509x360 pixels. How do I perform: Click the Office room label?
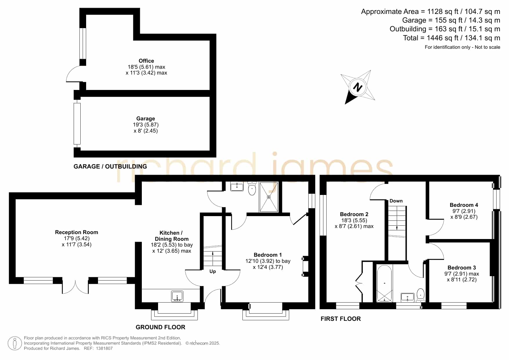pyautogui.click(x=146, y=61)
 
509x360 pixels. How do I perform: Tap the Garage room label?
pyautogui.click(x=146, y=119)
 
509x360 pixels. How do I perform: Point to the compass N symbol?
pyautogui.click(x=358, y=87)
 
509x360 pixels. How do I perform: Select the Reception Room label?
pyautogui.click(x=77, y=232)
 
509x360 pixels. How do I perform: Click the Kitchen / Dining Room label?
pyautogui.click(x=171, y=236)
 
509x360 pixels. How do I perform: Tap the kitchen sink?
pyautogui.click(x=177, y=296)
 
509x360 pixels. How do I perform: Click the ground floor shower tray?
pyautogui.click(x=269, y=197)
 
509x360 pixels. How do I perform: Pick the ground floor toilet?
pyautogui.click(x=252, y=189)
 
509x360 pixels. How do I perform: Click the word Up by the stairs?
pyautogui.click(x=213, y=272)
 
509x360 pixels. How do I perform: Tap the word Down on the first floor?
pyautogui.click(x=396, y=201)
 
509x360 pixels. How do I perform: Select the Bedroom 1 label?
pyautogui.click(x=268, y=255)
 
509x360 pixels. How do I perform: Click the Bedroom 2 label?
pyautogui.click(x=354, y=214)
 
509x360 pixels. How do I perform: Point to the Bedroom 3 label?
pyautogui.click(x=462, y=268)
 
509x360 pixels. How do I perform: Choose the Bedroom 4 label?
pyautogui.click(x=464, y=205)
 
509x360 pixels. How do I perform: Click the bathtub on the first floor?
pyautogui.click(x=385, y=283)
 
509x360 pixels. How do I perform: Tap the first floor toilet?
pyautogui.click(x=421, y=294)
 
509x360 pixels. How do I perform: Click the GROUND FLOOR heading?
pyautogui.click(x=160, y=327)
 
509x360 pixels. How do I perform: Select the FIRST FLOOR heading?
pyautogui.click(x=341, y=319)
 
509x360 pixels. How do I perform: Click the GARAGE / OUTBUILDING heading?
pyautogui.click(x=110, y=167)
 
